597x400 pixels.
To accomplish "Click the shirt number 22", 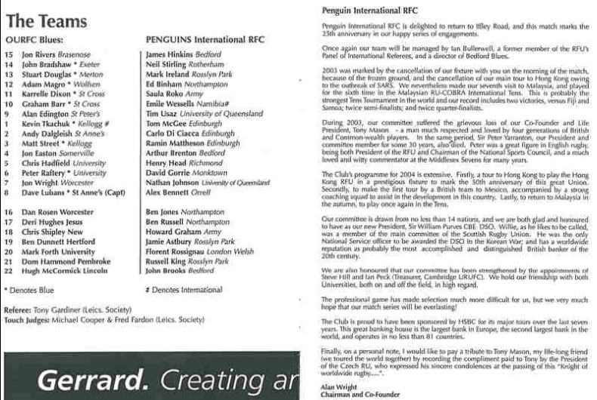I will [9, 269].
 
